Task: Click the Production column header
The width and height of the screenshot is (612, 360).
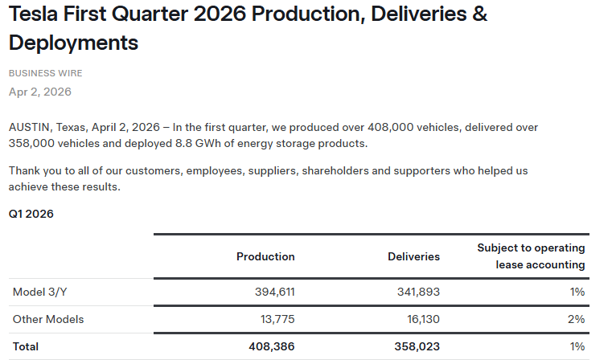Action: [x=265, y=256]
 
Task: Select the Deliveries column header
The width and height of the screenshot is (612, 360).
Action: [x=413, y=256]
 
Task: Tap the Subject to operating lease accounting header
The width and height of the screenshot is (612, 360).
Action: [x=531, y=256]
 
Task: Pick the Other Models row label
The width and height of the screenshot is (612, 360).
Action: [x=48, y=319]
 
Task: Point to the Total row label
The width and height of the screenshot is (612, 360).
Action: [x=26, y=346]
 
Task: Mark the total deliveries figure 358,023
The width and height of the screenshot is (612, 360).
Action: [x=414, y=346]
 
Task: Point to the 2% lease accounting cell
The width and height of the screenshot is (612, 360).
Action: [x=577, y=319]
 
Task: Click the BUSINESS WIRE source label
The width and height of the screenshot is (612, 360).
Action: [x=46, y=73]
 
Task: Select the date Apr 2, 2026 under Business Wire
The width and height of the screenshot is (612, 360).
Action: [x=40, y=92]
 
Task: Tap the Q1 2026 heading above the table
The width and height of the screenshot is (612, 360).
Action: [x=31, y=215]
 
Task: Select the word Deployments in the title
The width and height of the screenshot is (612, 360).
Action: [x=73, y=43]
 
